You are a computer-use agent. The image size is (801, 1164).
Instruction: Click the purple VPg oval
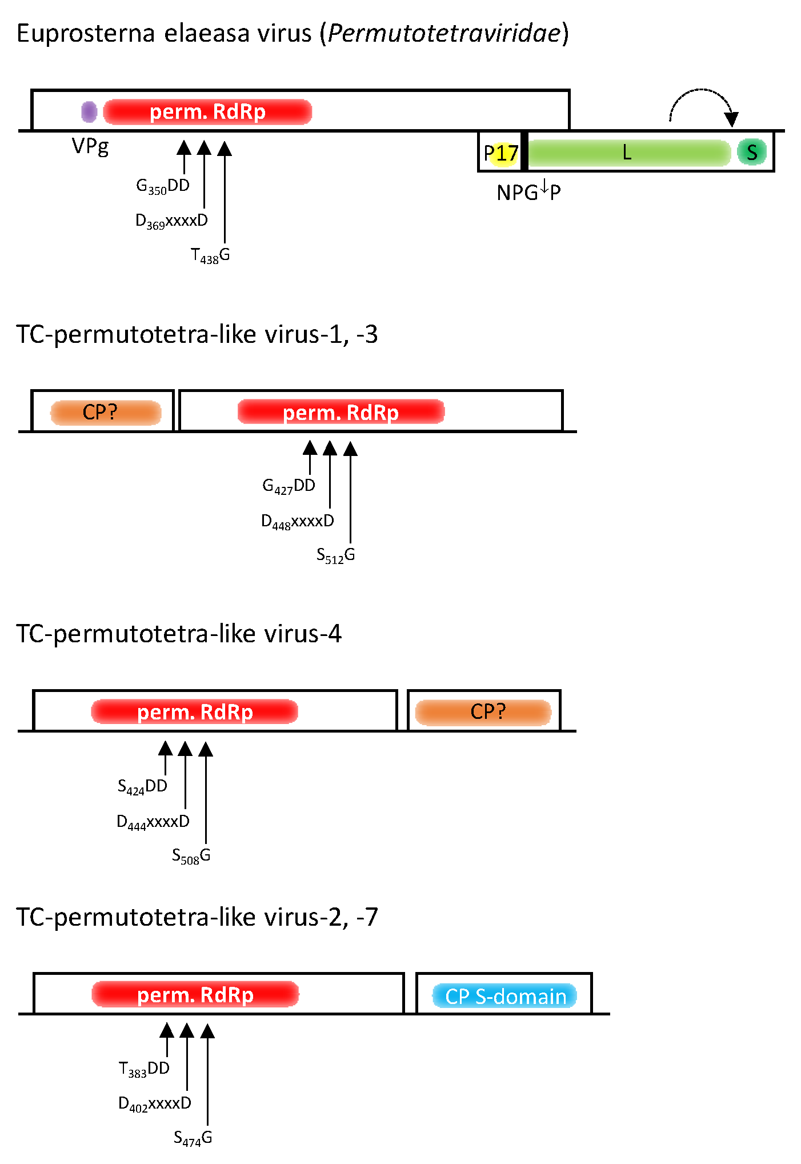pos(89,111)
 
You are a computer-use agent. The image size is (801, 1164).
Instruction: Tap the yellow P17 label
pos(501,153)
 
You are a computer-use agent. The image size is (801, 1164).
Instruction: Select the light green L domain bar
pos(628,153)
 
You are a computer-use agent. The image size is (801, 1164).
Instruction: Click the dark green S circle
pos(751,153)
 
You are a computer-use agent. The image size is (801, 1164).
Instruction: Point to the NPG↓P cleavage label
pos(528,191)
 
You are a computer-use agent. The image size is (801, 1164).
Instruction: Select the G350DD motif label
pos(163,186)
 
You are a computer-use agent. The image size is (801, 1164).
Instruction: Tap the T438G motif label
pos(210,255)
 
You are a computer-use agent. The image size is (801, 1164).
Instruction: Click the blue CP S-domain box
pos(504,996)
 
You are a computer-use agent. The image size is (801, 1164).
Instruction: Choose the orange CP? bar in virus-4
pos(483,712)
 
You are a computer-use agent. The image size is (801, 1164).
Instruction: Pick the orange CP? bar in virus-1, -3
pos(106,413)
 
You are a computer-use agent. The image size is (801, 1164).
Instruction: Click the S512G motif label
pos(336,555)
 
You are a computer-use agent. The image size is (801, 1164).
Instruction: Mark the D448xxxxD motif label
pos(297,521)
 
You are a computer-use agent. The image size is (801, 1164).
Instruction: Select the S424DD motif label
pos(142,786)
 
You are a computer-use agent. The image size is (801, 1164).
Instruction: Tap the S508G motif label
pos(191,856)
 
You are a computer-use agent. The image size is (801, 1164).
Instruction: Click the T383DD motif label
pos(144,1069)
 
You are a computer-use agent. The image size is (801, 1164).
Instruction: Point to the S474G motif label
pos(193,1138)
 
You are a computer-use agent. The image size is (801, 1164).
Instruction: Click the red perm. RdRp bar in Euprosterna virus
pos(207,112)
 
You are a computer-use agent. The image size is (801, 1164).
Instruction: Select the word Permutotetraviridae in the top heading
pos(444,33)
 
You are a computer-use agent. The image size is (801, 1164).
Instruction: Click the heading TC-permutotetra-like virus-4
pos(179,634)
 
